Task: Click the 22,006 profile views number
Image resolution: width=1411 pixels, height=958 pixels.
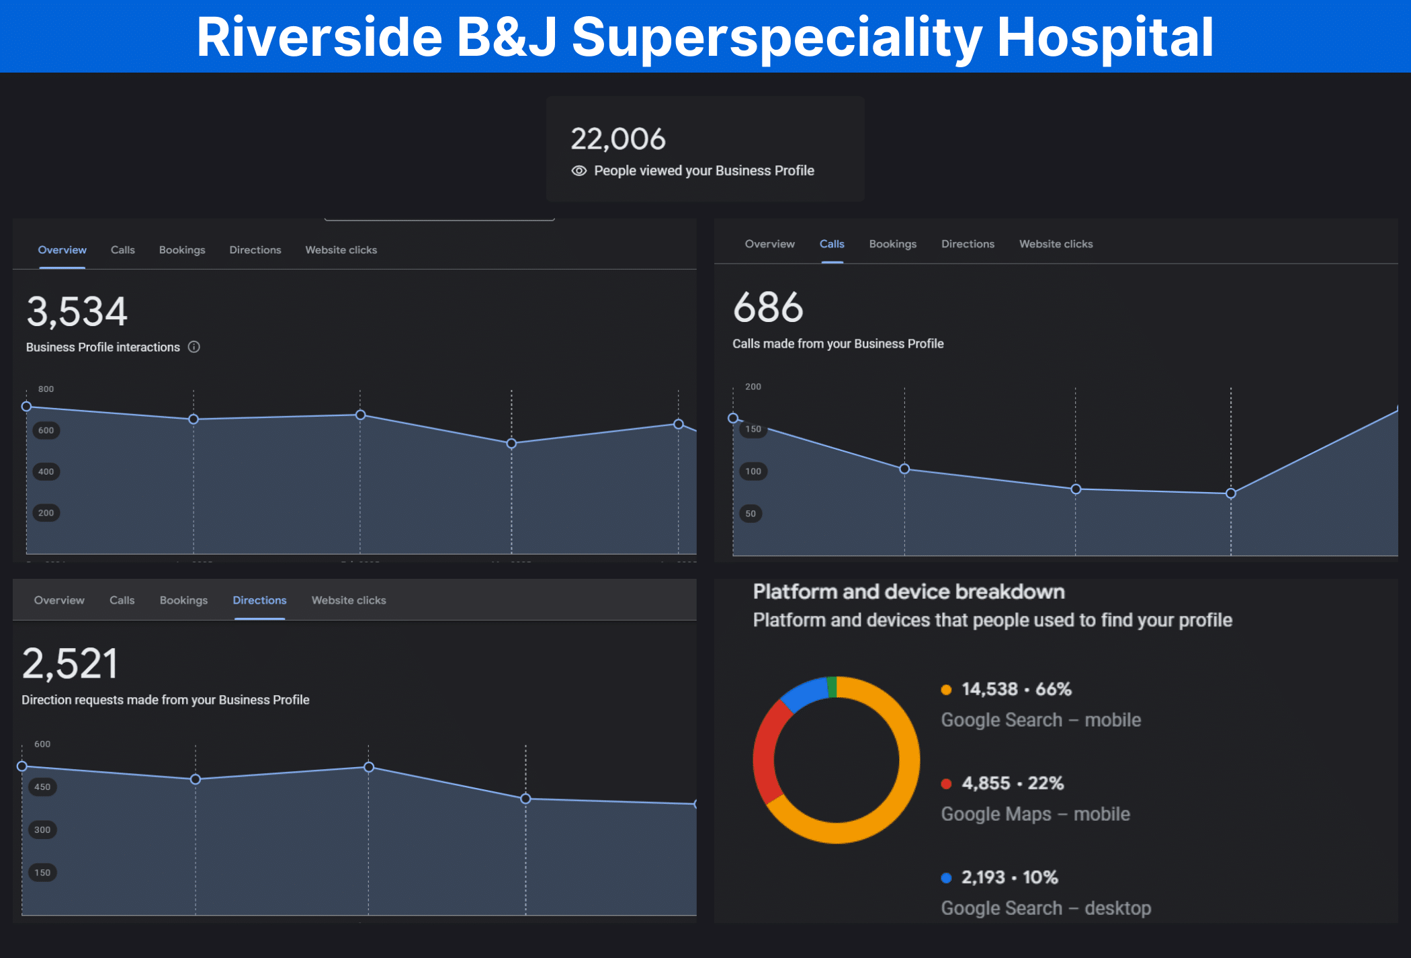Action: (x=617, y=139)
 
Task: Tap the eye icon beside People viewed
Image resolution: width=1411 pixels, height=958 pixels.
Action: (x=579, y=171)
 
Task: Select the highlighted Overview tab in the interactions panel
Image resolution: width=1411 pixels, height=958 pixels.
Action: (x=62, y=250)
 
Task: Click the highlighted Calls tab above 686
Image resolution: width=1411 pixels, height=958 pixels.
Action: (x=831, y=244)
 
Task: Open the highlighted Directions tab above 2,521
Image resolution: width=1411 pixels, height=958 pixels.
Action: (x=259, y=600)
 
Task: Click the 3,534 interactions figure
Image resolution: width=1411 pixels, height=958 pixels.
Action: (x=77, y=312)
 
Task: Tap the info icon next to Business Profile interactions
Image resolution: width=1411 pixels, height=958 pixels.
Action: (x=194, y=347)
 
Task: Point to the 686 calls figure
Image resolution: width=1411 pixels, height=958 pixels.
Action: (x=768, y=307)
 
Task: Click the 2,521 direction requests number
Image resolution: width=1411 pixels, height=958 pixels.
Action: (x=70, y=664)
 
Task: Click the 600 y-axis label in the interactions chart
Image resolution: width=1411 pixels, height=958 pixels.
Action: (x=46, y=430)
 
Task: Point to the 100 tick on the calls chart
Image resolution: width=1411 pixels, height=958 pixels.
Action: (x=753, y=471)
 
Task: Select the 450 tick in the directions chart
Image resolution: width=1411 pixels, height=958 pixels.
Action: (x=42, y=787)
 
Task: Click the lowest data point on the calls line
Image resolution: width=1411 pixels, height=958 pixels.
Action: (x=1230, y=493)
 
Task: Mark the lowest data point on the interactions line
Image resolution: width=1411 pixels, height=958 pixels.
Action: (x=511, y=444)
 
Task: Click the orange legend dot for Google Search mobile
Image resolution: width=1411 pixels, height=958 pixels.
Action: (x=946, y=690)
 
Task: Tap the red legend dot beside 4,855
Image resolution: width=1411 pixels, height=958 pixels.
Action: (x=946, y=784)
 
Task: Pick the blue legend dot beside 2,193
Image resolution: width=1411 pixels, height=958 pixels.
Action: (x=946, y=878)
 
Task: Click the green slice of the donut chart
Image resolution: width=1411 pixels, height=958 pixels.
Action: (x=832, y=686)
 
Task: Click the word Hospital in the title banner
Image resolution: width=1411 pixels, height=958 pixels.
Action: (x=1105, y=37)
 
